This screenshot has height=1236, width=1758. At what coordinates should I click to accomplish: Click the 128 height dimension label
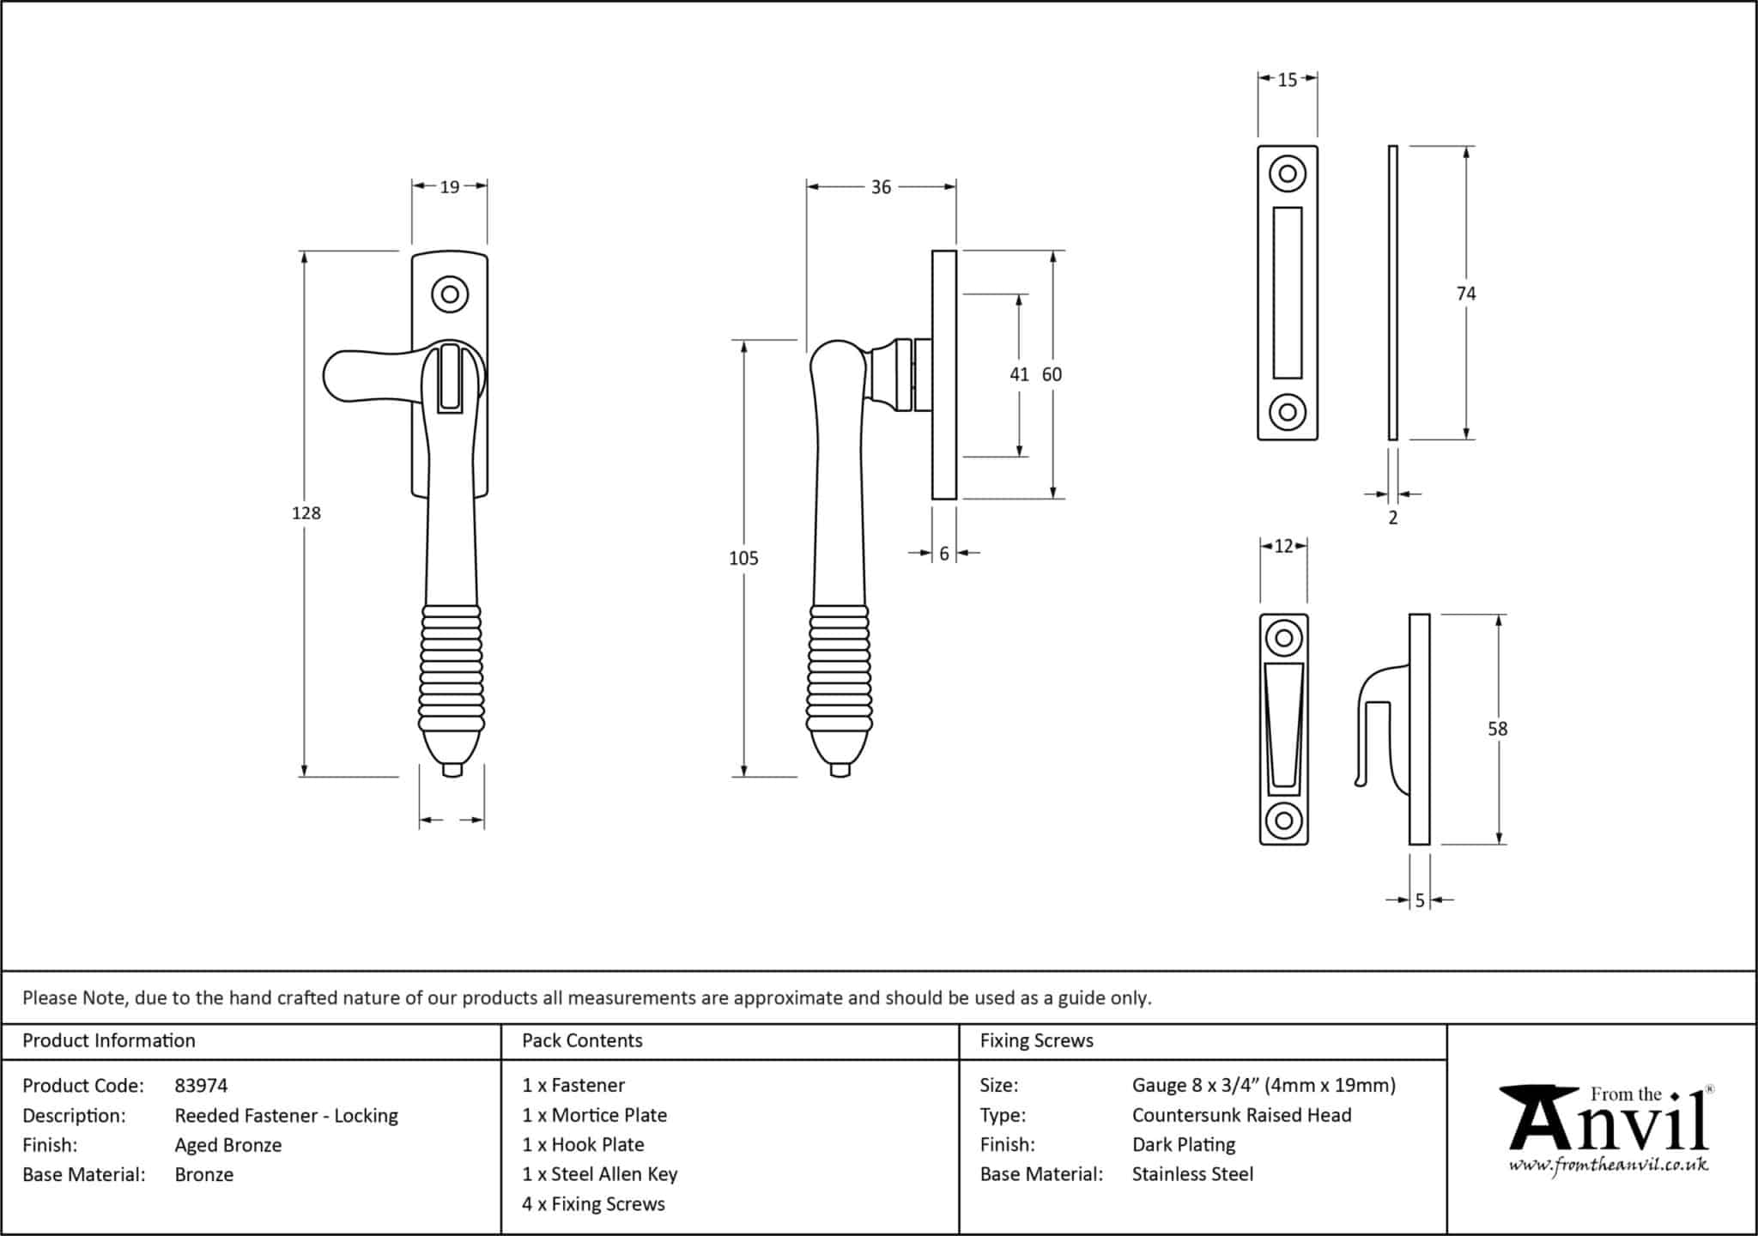click(306, 513)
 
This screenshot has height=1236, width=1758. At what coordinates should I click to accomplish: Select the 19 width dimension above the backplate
click(450, 186)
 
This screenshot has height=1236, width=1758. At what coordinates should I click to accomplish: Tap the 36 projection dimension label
click(881, 187)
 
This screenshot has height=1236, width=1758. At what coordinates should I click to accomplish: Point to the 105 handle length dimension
click(743, 559)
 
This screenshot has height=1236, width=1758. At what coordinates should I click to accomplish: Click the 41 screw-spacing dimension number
click(1019, 374)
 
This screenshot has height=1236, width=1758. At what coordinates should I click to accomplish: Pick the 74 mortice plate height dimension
click(1465, 294)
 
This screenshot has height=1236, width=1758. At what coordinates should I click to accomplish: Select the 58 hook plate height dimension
click(1497, 729)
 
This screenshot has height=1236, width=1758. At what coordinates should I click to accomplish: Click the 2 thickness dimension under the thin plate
click(1392, 518)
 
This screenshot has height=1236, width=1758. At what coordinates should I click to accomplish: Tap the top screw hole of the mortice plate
click(1287, 174)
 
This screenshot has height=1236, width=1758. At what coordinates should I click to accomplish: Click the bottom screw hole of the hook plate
click(1283, 820)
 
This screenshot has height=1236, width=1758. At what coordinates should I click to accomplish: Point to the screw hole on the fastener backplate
click(449, 295)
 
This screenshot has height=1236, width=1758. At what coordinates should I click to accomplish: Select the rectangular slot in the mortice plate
click(1287, 293)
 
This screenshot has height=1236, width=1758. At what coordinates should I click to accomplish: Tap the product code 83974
click(201, 1086)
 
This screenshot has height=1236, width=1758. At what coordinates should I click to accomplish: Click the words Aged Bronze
click(227, 1145)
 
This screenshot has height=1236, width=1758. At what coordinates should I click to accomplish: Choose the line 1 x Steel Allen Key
click(599, 1174)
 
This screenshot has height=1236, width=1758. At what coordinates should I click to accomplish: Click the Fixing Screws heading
click(1036, 1041)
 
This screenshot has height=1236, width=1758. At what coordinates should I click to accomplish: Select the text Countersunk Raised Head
click(1241, 1115)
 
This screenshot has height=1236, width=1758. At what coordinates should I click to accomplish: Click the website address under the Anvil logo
click(1608, 1166)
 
